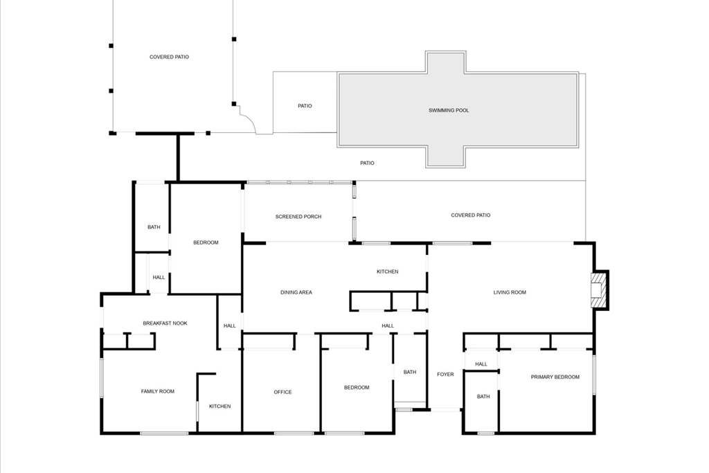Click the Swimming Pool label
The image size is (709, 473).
coord(449,110)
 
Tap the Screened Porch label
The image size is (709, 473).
coord(298,217)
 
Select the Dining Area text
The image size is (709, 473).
coord(296,292)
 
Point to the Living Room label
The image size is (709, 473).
coord(510,292)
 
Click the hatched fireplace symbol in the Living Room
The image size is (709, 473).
coord(597,289)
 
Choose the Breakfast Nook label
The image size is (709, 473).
coord(165,323)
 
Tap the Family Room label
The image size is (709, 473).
coord(158,391)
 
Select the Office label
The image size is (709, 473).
coord(282,392)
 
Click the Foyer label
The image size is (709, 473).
coord(445,375)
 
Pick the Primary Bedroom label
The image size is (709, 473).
coord(555,377)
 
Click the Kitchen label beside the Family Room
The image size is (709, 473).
coord(220,406)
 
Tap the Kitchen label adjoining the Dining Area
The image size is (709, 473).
coord(388,271)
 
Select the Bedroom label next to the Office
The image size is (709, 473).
coord(357,387)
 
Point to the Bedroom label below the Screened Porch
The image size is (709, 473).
coord(206,242)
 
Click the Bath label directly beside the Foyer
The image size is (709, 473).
coord(410,372)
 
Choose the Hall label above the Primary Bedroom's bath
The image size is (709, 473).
coord(481,364)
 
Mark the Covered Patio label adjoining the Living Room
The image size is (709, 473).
coord(471,215)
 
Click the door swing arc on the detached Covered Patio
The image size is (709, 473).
coord(249,118)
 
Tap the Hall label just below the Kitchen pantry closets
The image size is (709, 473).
coord(388,325)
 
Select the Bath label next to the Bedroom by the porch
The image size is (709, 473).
coord(154,227)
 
